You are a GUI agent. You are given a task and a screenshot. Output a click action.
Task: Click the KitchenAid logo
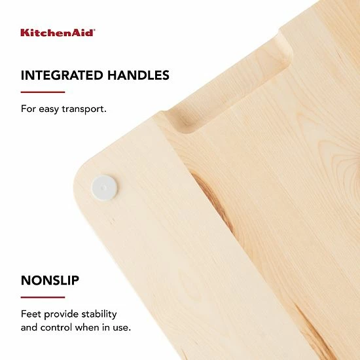58,32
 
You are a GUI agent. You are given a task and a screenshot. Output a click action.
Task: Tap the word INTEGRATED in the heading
61,75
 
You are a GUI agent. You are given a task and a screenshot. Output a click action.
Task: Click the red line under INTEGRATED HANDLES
43,92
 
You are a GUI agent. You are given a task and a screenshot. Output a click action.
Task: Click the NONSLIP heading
50,281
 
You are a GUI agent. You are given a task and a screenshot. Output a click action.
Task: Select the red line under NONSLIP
43,297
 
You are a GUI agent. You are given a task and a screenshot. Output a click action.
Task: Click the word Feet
31,314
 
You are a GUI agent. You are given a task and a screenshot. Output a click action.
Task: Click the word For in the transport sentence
28,108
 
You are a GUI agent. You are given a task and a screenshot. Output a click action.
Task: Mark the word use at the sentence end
121,327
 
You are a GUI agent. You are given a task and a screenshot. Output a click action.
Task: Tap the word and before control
29,327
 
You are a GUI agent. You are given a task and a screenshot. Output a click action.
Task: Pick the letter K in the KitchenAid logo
24,32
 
